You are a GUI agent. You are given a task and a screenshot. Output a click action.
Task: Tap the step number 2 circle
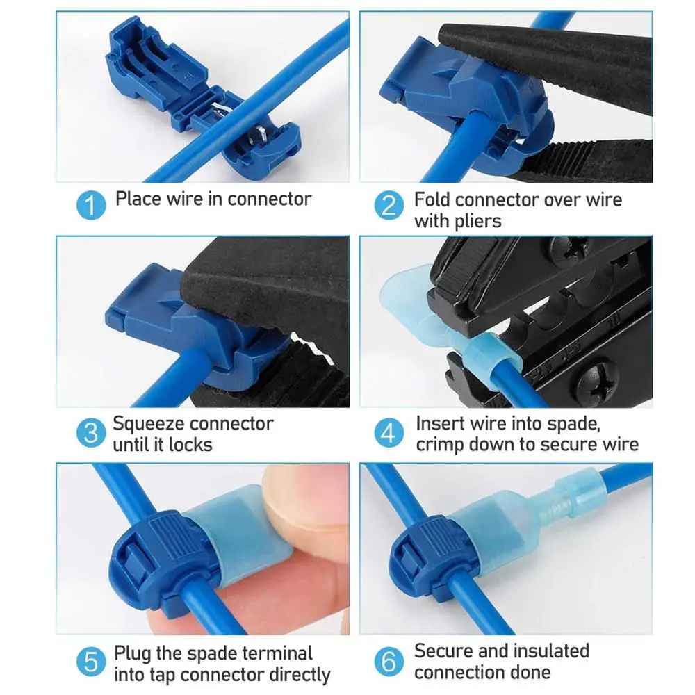click(x=389, y=206)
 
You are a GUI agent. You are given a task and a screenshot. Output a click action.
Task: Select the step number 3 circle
click(x=90, y=434)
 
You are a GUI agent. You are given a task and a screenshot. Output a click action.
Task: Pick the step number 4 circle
click(x=389, y=434)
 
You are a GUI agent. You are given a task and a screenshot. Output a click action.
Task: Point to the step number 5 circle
click(x=90, y=662)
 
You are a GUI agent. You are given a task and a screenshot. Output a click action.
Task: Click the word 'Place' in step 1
click(x=138, y=199)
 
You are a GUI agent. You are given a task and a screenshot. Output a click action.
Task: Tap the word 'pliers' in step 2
click(x=477, y=222)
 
